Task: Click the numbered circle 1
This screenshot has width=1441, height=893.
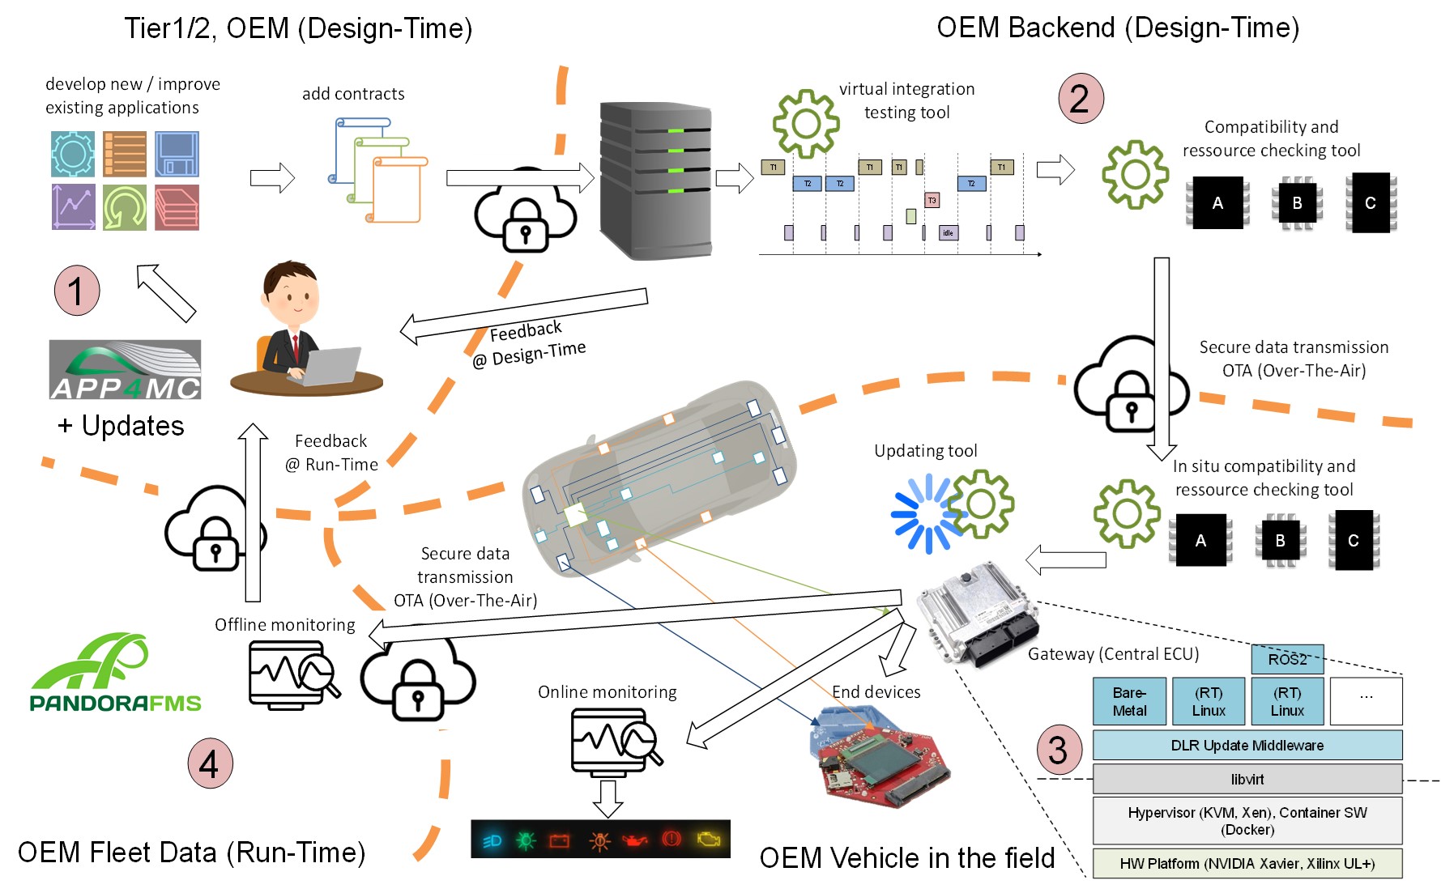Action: click(77, 291)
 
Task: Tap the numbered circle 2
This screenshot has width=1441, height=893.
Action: click(1081, 99)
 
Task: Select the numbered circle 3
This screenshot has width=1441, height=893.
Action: click(1059, 750)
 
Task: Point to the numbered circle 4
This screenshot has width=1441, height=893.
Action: click(210, 763)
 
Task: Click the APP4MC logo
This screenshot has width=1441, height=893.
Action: click(125, 370)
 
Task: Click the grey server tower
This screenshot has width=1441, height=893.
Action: click(655, 181)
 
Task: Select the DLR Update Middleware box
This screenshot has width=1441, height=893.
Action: click(1247, 745)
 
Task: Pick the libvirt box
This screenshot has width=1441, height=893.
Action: click(1247, 779)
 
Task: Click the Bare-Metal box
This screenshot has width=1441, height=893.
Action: click(1129, 701)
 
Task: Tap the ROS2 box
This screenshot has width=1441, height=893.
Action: click(1287, 659)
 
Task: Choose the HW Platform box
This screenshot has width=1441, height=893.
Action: click(1247, 863)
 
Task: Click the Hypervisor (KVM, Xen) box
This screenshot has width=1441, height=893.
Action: click(1247, 821)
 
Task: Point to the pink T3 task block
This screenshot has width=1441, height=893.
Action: click(932, 200)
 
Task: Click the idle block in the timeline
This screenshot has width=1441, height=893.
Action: click(948, 233)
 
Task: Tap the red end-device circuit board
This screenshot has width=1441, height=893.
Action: click(881, 761)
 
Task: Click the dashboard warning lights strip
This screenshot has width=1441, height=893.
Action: click(600, 840)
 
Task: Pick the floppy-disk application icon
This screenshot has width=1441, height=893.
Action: click(177, 154)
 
